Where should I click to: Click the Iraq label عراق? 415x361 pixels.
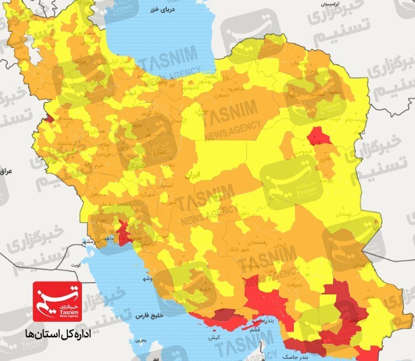click(x=5, y=171)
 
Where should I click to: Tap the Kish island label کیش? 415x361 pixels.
click(x=212, y=338)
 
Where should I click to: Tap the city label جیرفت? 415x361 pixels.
click(x=305, y=284)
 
